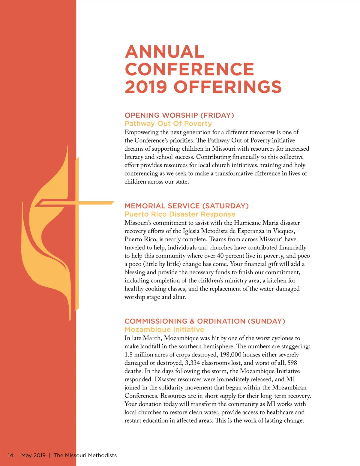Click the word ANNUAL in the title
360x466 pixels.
(x=165, y=52)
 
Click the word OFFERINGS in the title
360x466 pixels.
(x=228, y=87)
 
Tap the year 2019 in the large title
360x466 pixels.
(x=146, y=87)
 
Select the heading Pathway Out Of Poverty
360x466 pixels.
(x=168, y=124)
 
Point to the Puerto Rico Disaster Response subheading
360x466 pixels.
(x=180, y=214)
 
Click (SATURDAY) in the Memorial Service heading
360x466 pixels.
(x=225, y=206)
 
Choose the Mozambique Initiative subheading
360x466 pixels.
(x=164, y=329)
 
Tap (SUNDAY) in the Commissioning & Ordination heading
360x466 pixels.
(x=266, y=321)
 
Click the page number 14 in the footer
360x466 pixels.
(x=10, y=455)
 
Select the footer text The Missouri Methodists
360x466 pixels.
(x=85, y=455)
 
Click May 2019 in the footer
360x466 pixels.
(x=33, y=455)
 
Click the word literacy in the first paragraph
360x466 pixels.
(x=134, y=157)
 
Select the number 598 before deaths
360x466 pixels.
(x=292, y=363)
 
